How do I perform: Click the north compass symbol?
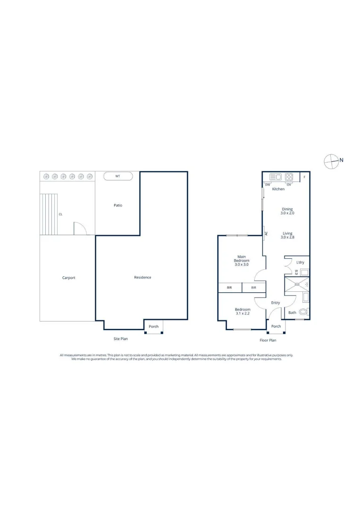(332, 161)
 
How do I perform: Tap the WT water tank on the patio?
(118, 176)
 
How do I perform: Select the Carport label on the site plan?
(69, 278)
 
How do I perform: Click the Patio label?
(118, 205)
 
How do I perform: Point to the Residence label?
(142, 277)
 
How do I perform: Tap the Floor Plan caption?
(268, 340)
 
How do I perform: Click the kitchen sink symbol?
(276, 177)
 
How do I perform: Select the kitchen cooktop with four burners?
(289, 177)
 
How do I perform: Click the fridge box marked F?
(304, 177)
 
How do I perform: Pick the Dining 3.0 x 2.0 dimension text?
(287, 211)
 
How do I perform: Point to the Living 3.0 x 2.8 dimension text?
(287, 235)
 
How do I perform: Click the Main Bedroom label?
(242, 261)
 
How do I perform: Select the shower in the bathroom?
(297, 284)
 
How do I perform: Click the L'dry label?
(300, 262)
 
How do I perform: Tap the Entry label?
(276, 303)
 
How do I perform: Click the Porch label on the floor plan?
(276, 326)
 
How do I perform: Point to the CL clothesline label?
(60, 214)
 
